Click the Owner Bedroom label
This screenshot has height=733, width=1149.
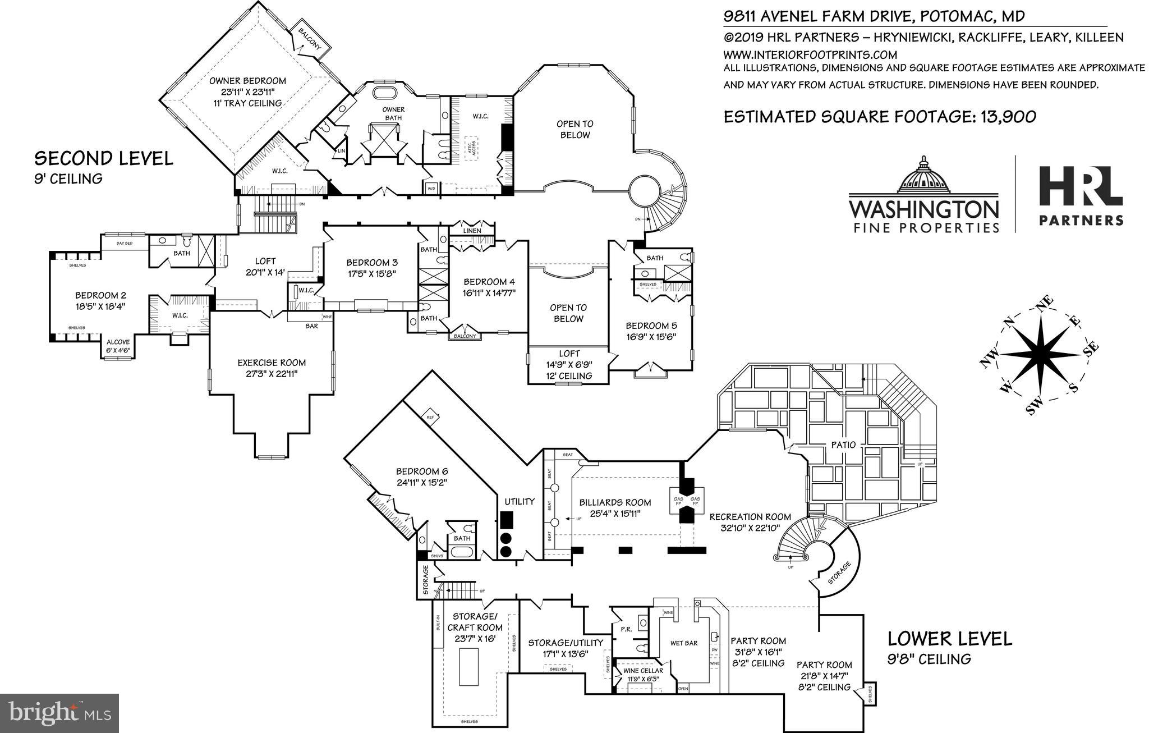pos(247,81)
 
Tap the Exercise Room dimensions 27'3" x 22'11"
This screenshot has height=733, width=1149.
pos(271,373)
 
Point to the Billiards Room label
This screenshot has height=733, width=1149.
pos(615,502)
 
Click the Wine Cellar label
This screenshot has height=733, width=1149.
pos(643,671)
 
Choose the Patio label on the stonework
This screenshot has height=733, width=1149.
pos(844,445)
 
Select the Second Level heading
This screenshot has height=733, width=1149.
pos(104,158)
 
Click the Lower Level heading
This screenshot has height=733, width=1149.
pos(949,639)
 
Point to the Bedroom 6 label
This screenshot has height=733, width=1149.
pos(422,471)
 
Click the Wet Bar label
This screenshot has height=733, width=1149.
pos(683,643)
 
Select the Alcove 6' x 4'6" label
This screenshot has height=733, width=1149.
pos(118,342)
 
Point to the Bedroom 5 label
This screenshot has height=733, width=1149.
pos(651,326)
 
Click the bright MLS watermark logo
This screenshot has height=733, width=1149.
pos(59,713)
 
